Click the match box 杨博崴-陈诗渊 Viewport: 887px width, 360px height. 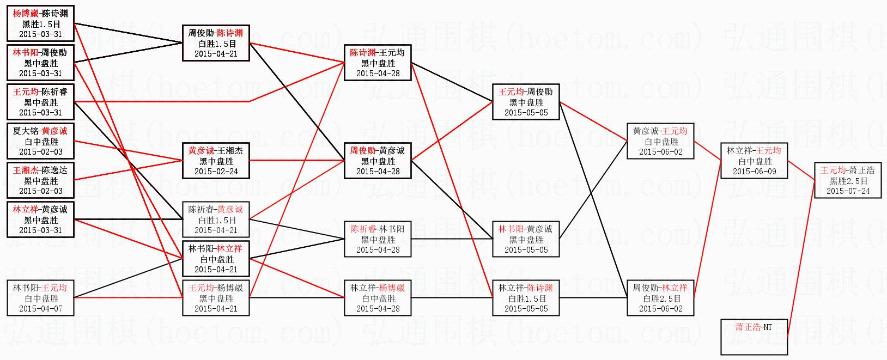tap(41, 23)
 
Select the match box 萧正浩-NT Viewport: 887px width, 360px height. tap(754, 337)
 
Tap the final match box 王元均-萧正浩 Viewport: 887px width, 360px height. tap(847, 180)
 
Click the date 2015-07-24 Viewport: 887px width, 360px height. tap(847, 191)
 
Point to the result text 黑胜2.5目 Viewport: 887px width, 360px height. tap(847, 181)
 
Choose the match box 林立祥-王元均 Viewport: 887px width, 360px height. tap(754, 161)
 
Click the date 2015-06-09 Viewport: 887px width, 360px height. tap(754, 171)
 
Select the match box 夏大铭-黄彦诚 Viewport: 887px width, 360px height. tap(41, 141)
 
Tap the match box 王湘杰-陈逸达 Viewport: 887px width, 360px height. tap(41, 180)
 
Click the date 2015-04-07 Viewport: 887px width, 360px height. tap(41, 308)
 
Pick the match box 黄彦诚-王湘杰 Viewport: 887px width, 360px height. tap(216, 161)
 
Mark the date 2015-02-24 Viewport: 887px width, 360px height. tap(216, 171)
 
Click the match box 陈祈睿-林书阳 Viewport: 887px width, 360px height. tap(378, 239)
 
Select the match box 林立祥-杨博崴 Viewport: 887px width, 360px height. tap(378, 298)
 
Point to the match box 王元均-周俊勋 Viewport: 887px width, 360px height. tap(525, 102)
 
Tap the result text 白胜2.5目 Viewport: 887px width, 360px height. tap(660, 298)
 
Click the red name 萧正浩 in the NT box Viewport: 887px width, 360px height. tap(748, 327)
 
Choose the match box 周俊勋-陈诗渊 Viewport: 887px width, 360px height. tap(216, 43)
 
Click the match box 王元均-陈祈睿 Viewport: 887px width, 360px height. tap(41, 102)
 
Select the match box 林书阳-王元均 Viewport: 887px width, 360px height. tap(41, 298)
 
